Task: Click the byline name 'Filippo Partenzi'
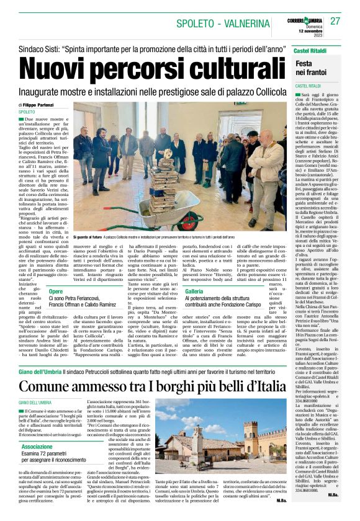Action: (43, 105)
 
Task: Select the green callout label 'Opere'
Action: (56, 291)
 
